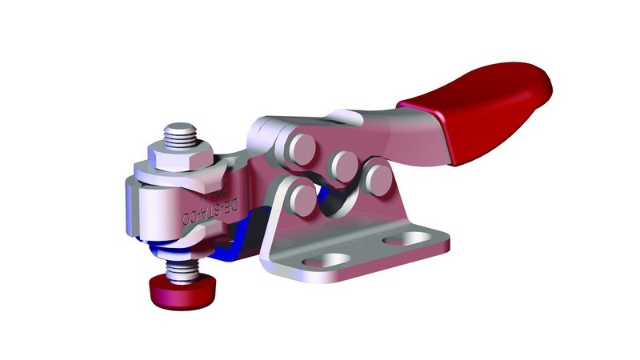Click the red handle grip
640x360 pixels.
pos(480,112)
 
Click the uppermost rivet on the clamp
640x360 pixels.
pos(302,147)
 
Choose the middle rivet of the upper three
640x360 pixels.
pos(343,164)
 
